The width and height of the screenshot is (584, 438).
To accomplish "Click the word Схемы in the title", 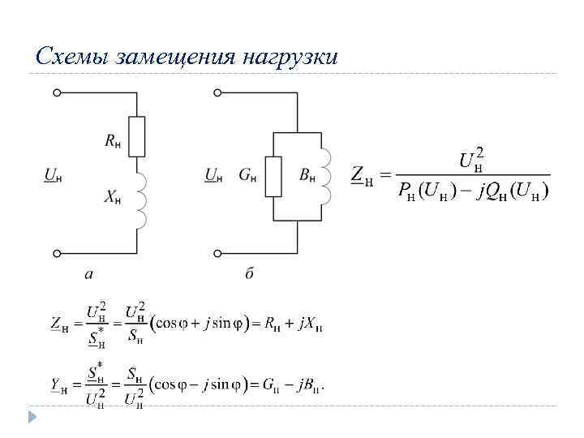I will (x=73, y=57).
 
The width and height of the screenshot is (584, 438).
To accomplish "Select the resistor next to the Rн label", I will (x=137, y=136).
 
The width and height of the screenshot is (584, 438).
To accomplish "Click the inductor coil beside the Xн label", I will (x=140, y=200).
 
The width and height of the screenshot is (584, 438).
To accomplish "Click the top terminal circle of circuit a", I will (x=57, y=93).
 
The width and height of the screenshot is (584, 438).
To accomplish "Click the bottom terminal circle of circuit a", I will (x=57, y=253).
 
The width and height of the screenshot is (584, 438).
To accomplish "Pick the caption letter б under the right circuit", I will (x=249, y=274).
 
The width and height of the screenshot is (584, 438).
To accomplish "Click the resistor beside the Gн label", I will (x=273, y=176).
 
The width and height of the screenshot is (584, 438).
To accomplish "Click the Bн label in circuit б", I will (x=307, y=174).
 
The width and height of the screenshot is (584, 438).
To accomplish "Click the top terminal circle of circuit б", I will (x=217, y=93).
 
